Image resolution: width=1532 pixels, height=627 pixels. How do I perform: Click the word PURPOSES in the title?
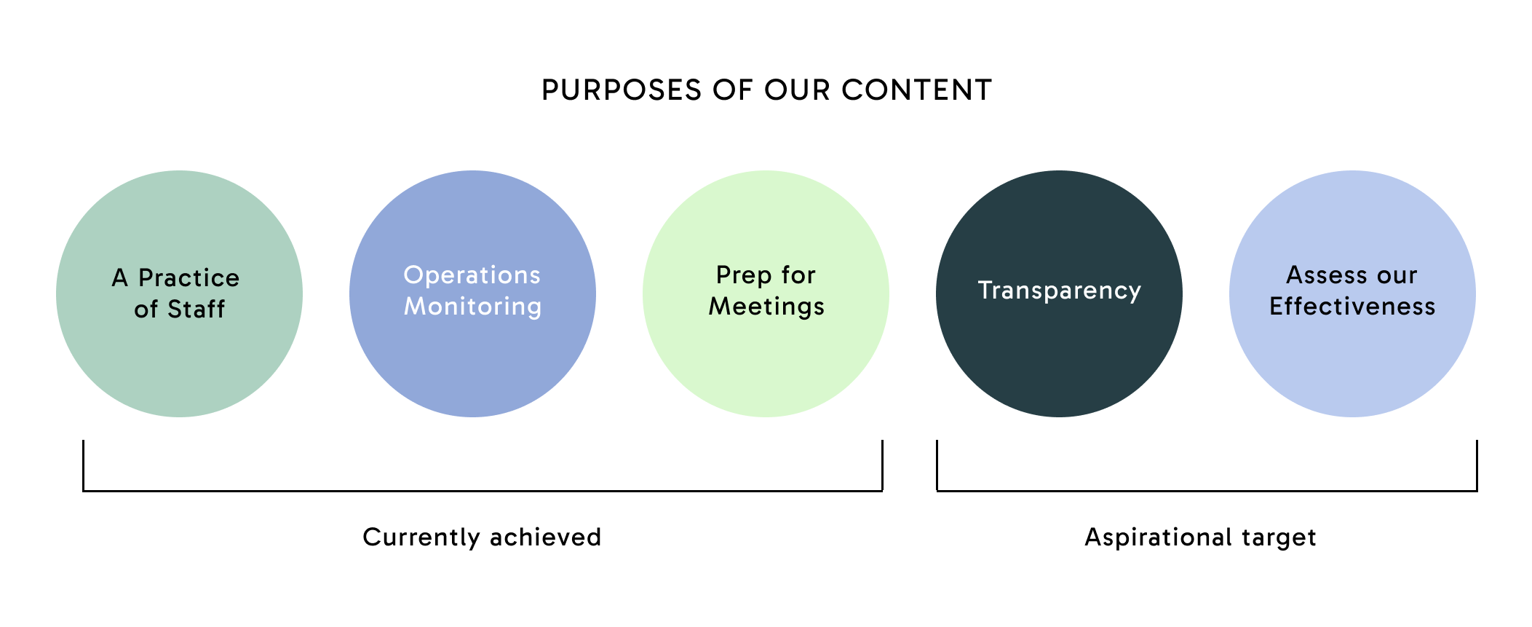point(622,90)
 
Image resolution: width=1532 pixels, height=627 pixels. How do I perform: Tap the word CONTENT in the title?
point(916,90)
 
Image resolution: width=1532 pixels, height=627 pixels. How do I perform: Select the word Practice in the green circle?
point(188,277)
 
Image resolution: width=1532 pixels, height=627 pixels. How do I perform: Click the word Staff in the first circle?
point(196,309)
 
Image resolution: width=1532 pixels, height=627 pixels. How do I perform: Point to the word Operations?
point(472,275)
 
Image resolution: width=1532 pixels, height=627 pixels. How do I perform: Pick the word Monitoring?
point(472,307)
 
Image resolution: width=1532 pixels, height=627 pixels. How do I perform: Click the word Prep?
point(744,275)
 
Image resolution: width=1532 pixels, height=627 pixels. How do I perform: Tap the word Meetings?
point(766,307)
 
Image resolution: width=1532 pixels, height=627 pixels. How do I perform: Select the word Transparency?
point(1059,291)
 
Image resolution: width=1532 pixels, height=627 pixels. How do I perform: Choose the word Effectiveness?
point(1352,307)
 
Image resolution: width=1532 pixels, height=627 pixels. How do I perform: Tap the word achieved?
point(545,537)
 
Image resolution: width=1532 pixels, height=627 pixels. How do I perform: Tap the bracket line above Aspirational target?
point(1207,491)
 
